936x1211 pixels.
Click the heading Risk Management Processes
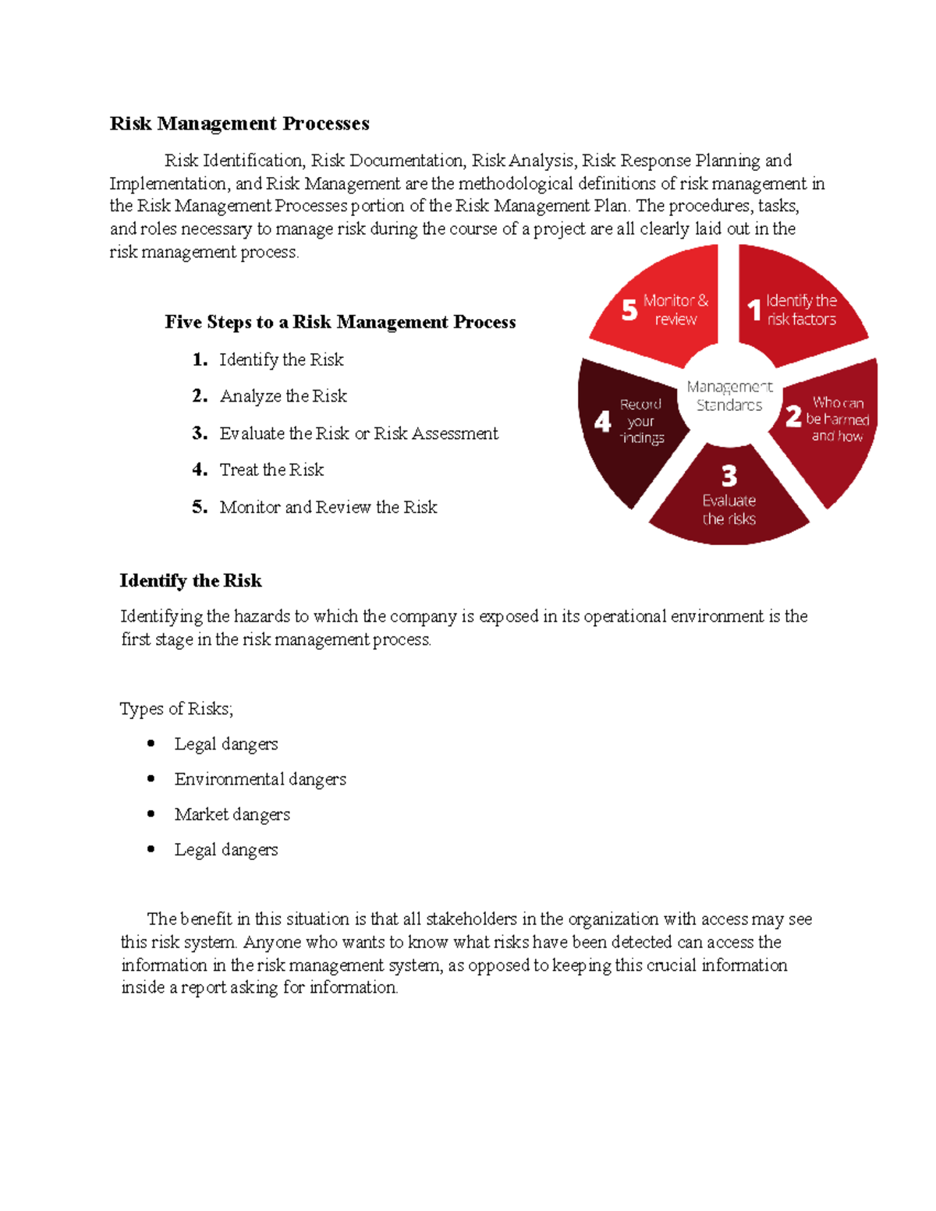pyautogui.click(x=239, y=124)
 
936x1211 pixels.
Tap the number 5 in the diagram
pyautogui.click(x=629, y=310)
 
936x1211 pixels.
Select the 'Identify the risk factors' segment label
pyautogui.click(x=801, y=310)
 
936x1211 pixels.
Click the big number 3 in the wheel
pyautogui.click(x=729, y=476)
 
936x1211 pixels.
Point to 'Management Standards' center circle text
pyautogui.click(x=729, y=395)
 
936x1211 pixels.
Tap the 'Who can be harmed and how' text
pyautogui.click(x=837, y=419)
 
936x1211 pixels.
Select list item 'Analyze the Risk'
pyautogui.click(x=283, y=396)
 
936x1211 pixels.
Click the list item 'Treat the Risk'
pyautogui.click(x=271, y=469)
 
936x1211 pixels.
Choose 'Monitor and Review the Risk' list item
pyautogui.click(x=328, y=507)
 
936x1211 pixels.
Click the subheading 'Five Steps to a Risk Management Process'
pyautogui.click(x=340, y=322)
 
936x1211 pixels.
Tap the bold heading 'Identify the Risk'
pyautogui.click(x=190, y=581)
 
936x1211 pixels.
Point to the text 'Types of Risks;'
pyautogui.click(x=176, y=709)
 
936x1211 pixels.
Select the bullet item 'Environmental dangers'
pyautogui.click(x=260, y=779)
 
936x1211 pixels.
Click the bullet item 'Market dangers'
pyautogui.click(x=232, y=814)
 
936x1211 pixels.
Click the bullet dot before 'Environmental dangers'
pyautogui.click(x=151, y=778)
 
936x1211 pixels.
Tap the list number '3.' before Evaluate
pyautogui.click(x=200, y=433)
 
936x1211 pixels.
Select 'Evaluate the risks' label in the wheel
pyautogui.click(x=729, y=509)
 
